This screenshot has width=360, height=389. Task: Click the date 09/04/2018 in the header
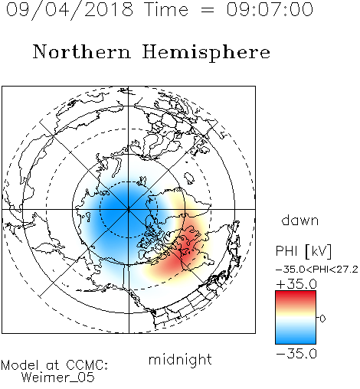pos(70,9)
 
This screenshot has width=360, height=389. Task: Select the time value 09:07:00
pos(270,9)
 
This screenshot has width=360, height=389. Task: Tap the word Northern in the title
pos(82,51)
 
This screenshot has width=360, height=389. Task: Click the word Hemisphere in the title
pos(206,52)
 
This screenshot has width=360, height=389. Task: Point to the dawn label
pos(300,220)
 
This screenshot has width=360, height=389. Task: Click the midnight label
pos(180,360)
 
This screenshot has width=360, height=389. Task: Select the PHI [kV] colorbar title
pos(303,251)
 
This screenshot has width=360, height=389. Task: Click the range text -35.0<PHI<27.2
pos(316,270)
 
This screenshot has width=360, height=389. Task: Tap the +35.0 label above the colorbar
pos(296,284)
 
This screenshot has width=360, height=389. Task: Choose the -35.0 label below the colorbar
pos(296,354)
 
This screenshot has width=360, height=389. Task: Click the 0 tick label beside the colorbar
pos(322,319)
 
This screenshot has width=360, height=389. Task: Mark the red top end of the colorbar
pos(296,293)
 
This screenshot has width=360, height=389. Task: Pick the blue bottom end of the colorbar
pos(296,342)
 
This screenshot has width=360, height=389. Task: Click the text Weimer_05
pos(58,378)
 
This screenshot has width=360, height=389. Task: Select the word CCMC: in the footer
pos(87,365)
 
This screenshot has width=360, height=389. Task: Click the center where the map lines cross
pos(129,209)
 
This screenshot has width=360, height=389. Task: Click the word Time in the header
pos(166,9)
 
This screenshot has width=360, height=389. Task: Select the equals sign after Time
pos(207,10)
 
